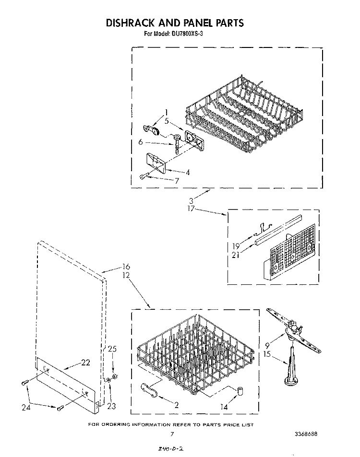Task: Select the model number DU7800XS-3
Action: point(190,34)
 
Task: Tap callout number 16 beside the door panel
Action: point(126,267)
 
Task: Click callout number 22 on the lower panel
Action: point(85,363)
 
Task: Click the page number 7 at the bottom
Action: point(171,434)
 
